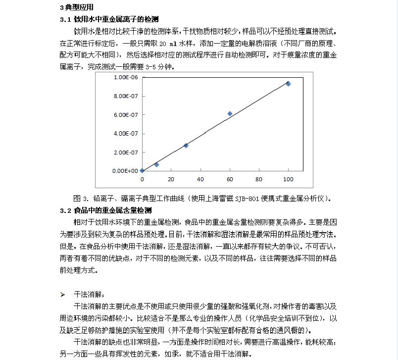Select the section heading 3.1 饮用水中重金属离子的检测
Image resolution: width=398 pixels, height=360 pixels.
(109, 19)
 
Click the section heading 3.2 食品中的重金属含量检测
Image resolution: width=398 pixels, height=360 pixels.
(105, 210)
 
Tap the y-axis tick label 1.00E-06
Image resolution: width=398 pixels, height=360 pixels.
(126, 78)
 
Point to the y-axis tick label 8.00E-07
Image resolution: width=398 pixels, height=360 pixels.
(126, 96)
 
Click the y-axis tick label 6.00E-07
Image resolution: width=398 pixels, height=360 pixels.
(126, 115)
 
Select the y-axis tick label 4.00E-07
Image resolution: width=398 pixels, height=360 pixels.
(126, 133)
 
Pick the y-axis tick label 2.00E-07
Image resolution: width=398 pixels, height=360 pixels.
(126, 152)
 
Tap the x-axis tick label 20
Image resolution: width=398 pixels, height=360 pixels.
(171, 179)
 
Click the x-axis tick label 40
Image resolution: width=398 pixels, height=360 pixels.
(200, 179)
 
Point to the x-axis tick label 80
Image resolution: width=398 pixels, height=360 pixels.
(259, 179)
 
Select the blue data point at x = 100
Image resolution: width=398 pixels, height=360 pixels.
(288, 84)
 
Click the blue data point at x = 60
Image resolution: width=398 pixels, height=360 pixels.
(230, 113)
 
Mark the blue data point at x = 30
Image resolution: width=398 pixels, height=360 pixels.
(186, 146)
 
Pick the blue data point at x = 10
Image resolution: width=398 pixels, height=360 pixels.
(156, 164)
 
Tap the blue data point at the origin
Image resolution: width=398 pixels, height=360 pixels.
(142, 170)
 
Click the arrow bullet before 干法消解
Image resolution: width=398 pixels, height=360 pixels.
(63, 295)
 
